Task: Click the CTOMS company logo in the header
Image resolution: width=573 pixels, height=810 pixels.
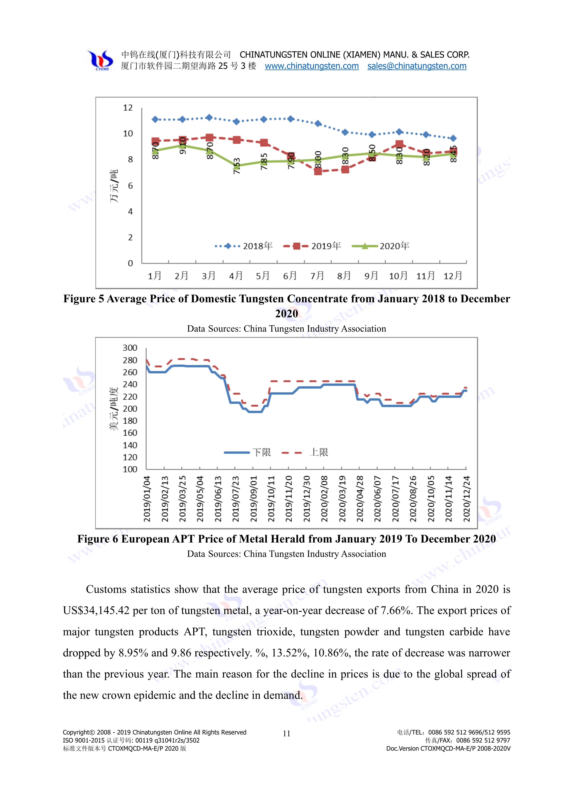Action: point(101,60)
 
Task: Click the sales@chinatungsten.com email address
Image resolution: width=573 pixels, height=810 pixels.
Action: point(417,66)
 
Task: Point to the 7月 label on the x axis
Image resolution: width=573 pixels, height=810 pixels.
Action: point(317,276)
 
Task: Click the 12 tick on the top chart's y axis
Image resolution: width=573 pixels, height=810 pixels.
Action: point(128,108)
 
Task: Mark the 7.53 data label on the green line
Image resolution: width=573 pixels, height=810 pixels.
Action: point(237,166)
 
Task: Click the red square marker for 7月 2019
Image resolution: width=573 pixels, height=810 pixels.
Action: point(318,171)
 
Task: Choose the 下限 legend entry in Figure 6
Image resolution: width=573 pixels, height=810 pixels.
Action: point(248,452)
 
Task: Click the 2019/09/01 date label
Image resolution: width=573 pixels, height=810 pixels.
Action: point(253,498)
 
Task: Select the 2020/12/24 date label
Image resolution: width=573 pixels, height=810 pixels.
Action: point(466,498)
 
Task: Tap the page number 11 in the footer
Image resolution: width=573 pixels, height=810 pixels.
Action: point(286,734)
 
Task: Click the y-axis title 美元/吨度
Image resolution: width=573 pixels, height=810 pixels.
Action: point(113,409)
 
